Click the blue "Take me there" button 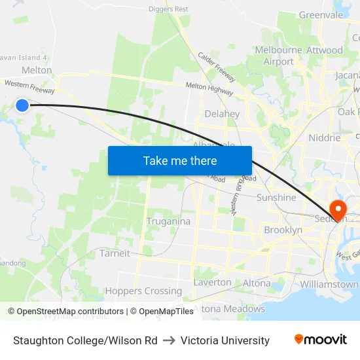(x=180, y=160)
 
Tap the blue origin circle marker (x=22, y=105)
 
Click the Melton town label (x=37, y=70)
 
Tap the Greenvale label (x=321, y=15)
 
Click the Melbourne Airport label (x=279, y=56)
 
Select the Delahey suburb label (x=222, y=114)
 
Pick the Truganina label (x=168, y=221)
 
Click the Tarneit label (x=115, y=253)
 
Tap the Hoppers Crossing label (x=143, y=291)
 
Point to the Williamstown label (x=329, y=285)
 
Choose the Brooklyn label (x=283, y=230)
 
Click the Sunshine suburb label (x=276, y=197)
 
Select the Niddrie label (x=324, y=138)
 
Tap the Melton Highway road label (x=209, y=86)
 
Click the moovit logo (x=320, y=340)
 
